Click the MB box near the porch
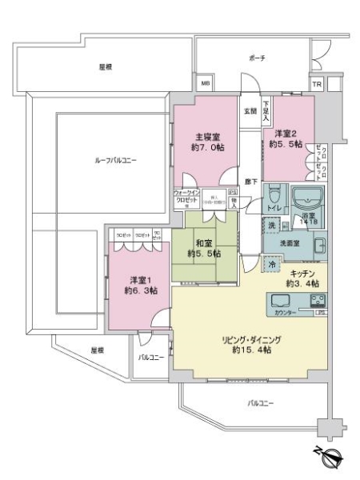[x=206, y=83]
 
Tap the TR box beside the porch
[x=316, y=83]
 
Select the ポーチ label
[x=258, y=58]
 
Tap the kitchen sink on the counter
[x=283, y=301]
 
